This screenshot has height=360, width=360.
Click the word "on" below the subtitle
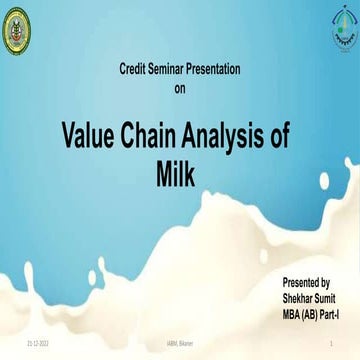point(180,88)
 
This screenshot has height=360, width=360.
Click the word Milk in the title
point(180,174)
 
